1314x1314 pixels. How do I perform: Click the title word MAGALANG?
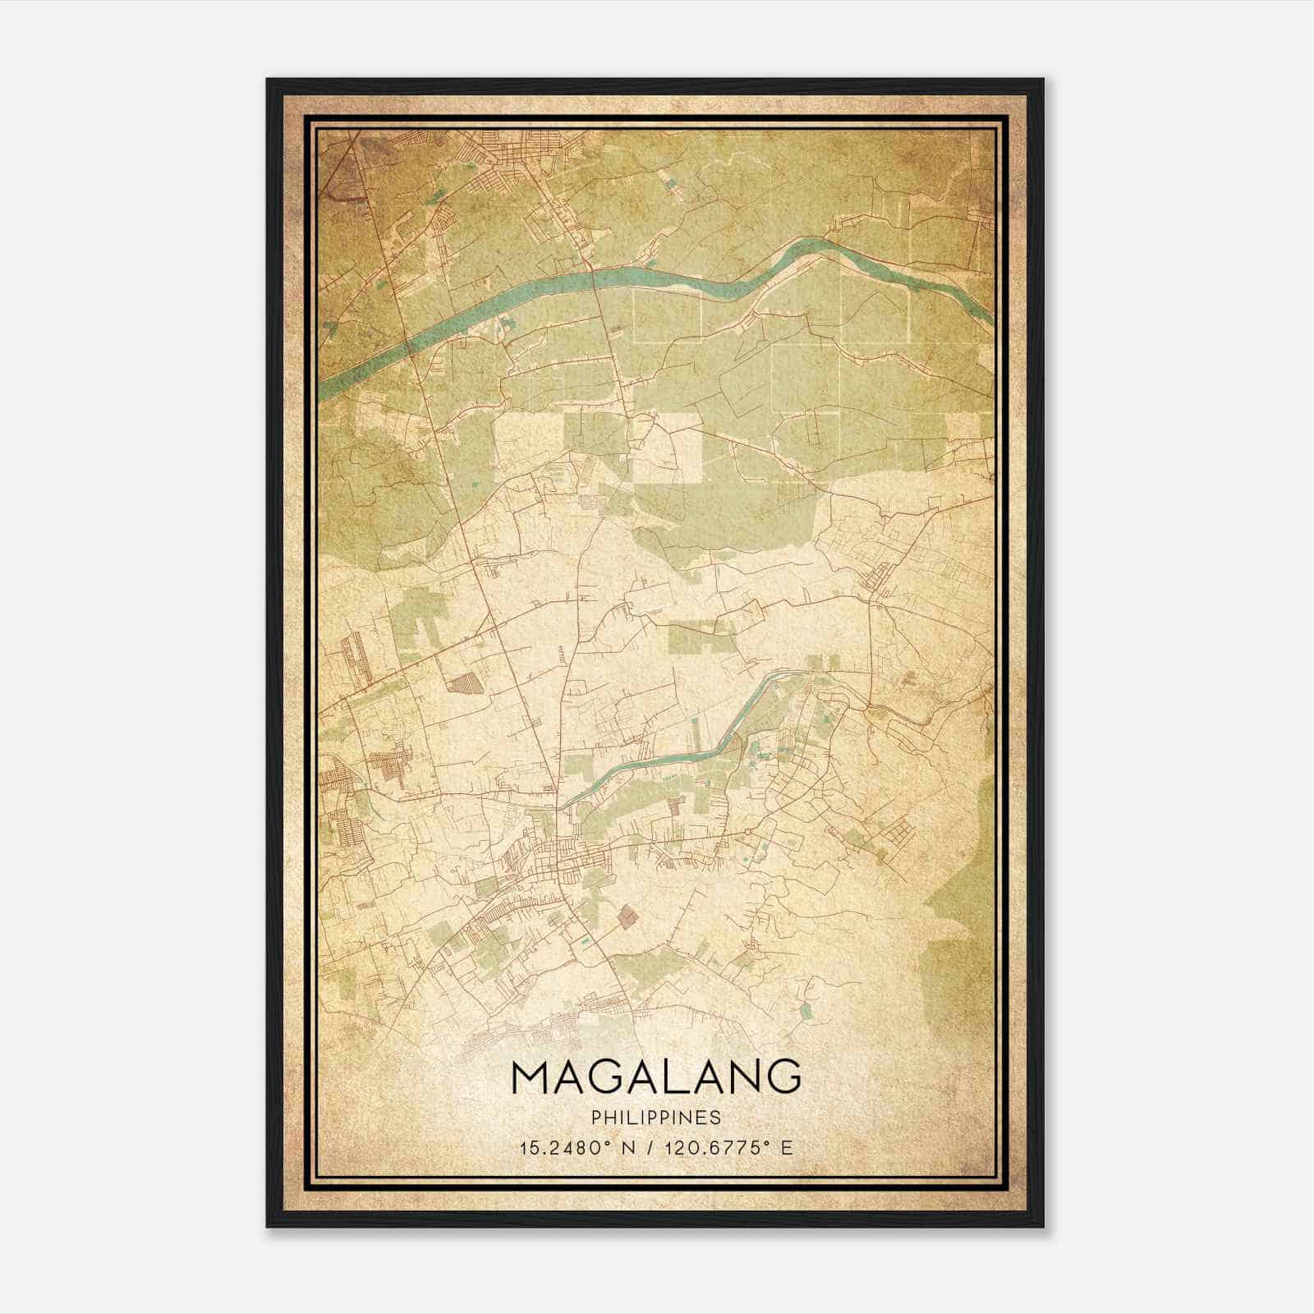(x=655, y=1077)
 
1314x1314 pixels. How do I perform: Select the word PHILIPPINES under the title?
(x=655, y=1118)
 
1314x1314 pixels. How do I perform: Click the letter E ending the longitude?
(x=787, y=1147)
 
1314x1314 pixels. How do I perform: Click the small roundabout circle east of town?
(x=748, y=833)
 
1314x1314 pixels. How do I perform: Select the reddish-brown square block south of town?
(x=628, y=915)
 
